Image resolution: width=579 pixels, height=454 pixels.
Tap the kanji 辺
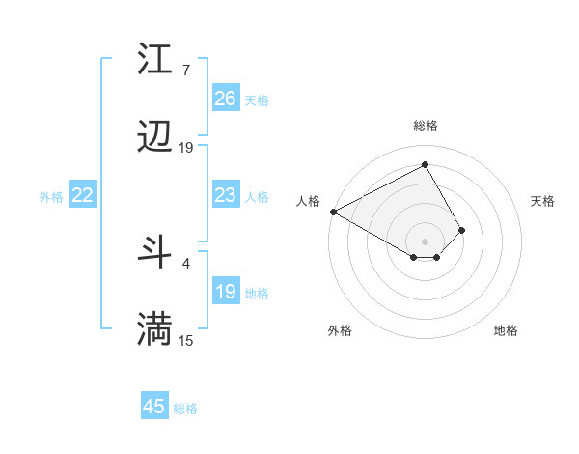point(155,138)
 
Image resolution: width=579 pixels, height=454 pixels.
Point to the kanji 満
point(155,329)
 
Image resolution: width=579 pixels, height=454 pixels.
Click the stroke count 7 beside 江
point(185,71)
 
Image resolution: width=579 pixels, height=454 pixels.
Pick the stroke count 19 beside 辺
point(186,148)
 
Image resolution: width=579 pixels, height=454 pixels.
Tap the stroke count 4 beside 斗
point(185,262)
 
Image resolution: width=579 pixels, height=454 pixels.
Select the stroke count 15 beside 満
point(186,340)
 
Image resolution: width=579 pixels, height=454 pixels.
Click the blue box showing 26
point(225,99)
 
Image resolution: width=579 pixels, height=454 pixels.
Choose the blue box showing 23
point(225,195)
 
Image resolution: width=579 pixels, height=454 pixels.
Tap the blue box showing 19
point(225,292)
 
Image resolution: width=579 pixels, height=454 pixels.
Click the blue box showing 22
point(83,195)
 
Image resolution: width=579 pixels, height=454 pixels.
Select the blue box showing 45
point(154,407)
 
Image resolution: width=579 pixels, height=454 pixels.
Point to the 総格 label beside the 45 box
point(185,409)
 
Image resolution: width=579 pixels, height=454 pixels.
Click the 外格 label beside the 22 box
point(51,197)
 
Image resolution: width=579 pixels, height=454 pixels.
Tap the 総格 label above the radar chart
point(426,126)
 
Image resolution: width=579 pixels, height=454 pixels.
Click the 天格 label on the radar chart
point(542,201)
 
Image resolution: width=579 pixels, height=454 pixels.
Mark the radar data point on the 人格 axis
point(333,212)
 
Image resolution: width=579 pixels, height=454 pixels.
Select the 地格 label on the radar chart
point(506,330)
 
